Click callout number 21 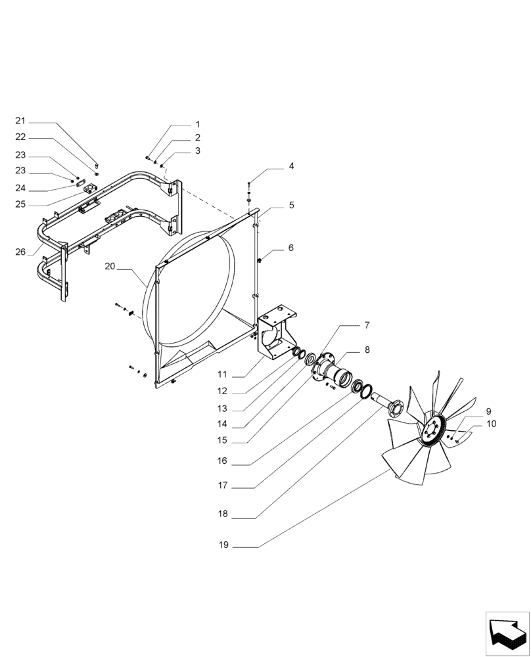coord(20,121)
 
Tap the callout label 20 coord(110,266)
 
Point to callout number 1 coord(196,124)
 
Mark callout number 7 coord(367,326)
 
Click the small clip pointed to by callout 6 coord(261,261)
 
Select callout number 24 coord(20,189)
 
